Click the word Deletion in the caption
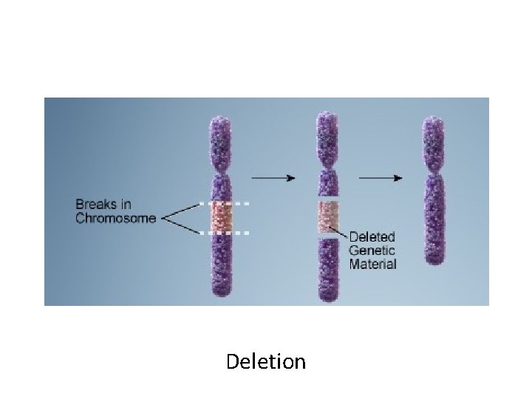(266, 362)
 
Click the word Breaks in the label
(94, 203)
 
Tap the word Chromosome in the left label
(116, 218)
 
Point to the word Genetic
(373, 250)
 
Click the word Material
(373, 264)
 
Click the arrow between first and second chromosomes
(273, 178)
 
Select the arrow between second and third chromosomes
(381, 178)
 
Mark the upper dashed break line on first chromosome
(225, 202)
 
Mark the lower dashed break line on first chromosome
(225, 233)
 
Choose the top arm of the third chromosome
(434, 141)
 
